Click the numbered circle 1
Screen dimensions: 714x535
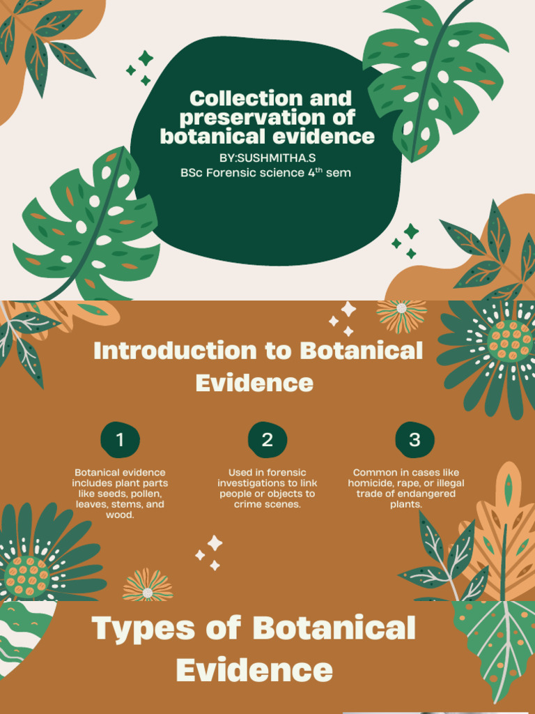[120, 440]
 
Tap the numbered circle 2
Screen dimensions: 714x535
[267, 440]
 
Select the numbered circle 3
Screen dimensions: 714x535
[414, 440]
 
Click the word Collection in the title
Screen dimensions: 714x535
[236, 98]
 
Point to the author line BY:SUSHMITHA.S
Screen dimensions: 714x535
[267, 158]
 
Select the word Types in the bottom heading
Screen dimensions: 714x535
[144, 628]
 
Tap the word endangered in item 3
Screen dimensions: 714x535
[424, 494]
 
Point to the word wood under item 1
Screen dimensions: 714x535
[120, 515]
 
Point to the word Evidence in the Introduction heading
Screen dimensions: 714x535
[254, 383]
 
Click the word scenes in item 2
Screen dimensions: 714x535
[284, 504]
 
